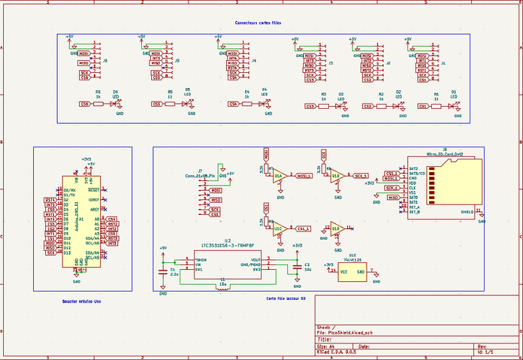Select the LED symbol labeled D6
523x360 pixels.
(114, 104)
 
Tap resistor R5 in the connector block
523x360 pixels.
(171, 104)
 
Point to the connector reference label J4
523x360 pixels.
(254, 60)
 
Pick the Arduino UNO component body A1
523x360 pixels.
(83, 222)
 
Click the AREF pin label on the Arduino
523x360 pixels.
(95, 210)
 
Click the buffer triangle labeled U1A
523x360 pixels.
(278, 176)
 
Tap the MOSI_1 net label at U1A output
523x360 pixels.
(304, 176)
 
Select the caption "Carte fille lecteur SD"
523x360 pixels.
(286, 298)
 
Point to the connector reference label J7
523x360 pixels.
(200, 171)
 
